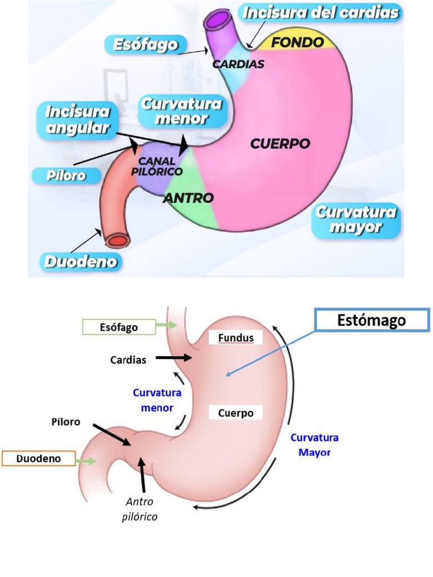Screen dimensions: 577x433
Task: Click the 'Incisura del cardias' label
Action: click(x=321, y=12)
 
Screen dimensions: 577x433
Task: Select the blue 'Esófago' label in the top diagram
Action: click(x=145, y=45)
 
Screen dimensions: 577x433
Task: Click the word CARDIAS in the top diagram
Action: click(x=238, y=64)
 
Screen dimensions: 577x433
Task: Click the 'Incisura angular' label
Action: click(x=78, y=119)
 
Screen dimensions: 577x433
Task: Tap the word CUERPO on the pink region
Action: click(x=280, y=144)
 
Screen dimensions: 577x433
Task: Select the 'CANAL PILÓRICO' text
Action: click(x=157, y=167)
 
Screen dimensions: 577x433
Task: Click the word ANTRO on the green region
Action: click(x=188, y=198)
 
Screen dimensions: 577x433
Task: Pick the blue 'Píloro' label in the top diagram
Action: click(x=66, y=175)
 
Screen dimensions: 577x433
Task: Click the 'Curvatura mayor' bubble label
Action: click(x=356, y=220)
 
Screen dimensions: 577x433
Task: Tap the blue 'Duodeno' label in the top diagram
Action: click(x=82, y=261)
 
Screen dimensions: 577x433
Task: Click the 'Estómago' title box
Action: click(x=372, y=321)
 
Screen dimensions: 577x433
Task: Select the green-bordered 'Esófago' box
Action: click(x=119, y=327)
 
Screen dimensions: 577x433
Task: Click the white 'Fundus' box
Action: click(x=236, y=338)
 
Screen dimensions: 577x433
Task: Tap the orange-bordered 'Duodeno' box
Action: click(x=38, y=459)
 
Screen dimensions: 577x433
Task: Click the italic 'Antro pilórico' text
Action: click(x=140, y=509)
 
